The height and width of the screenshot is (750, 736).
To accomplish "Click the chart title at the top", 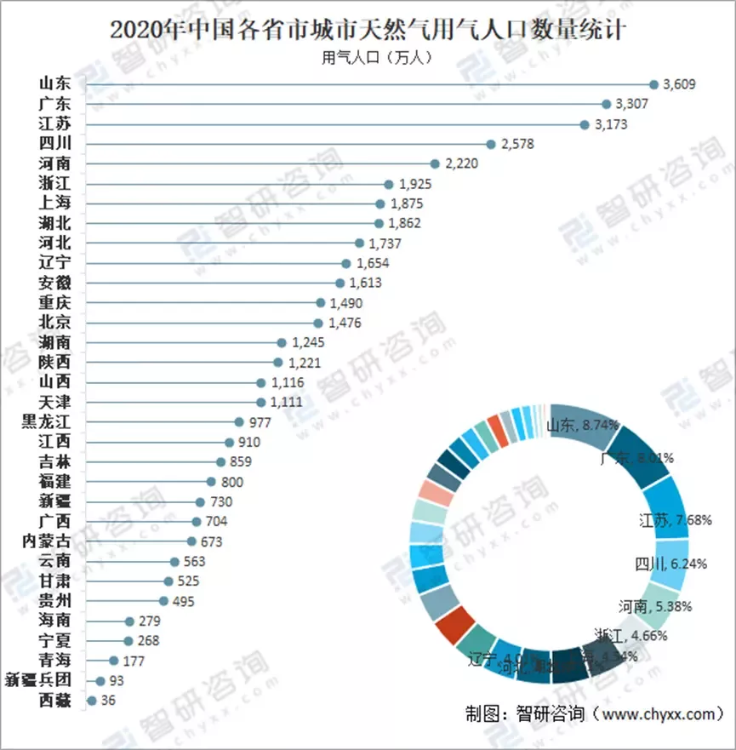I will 368,31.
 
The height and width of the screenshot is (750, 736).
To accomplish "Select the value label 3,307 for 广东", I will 630,104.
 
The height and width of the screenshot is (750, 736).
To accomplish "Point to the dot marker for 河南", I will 436,163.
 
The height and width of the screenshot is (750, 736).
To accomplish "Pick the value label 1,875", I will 405,203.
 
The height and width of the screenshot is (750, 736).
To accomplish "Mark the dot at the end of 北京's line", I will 318,323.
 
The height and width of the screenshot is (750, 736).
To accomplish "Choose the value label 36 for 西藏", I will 107,701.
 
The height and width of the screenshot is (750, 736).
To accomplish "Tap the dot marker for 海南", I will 130,622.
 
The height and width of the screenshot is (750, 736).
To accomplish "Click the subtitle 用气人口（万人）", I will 367,58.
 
